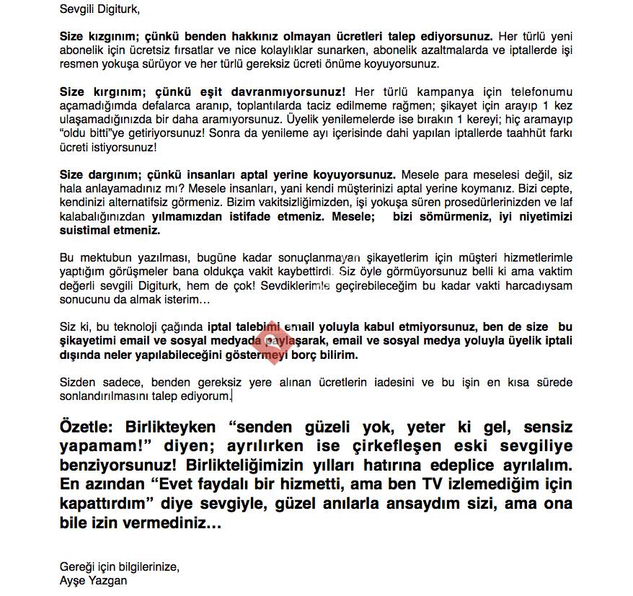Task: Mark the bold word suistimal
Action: [x=84, y=231]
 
